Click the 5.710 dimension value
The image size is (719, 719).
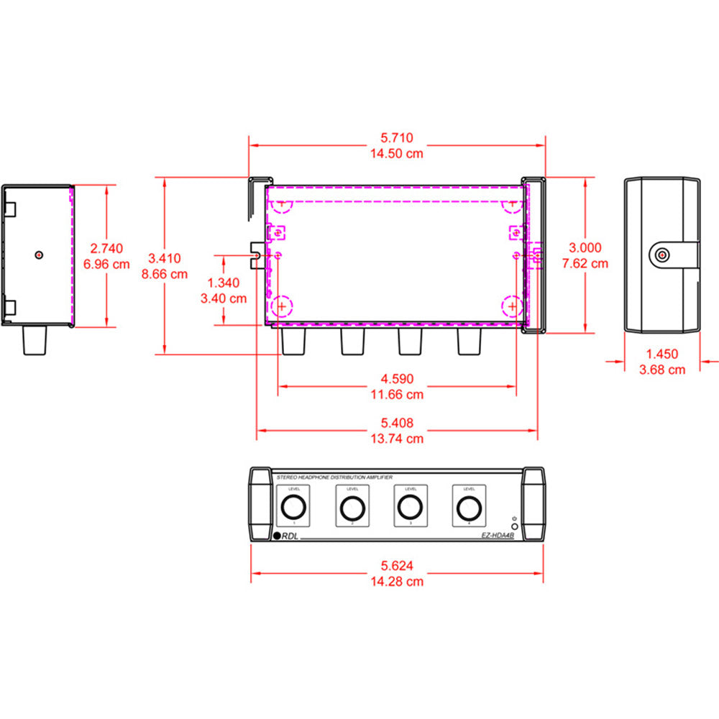point(397,137)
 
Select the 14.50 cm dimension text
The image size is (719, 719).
point(397,153)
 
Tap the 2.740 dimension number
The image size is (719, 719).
point(107,248)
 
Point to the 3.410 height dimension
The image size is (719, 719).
point(165,258)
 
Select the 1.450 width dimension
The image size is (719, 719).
point(661,354)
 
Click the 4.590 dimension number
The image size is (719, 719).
point(397,379)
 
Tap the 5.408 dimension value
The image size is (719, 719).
point(397,423)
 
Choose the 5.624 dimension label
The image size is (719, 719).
point(397,566)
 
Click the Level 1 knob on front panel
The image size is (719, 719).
point(293,508)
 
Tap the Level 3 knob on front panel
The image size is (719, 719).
point(411,508)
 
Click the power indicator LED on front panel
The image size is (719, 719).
point(514,527)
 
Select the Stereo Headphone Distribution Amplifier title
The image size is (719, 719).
point(334,477)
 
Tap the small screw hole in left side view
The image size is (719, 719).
point(39,254)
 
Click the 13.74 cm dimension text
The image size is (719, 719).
point(397,439)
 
